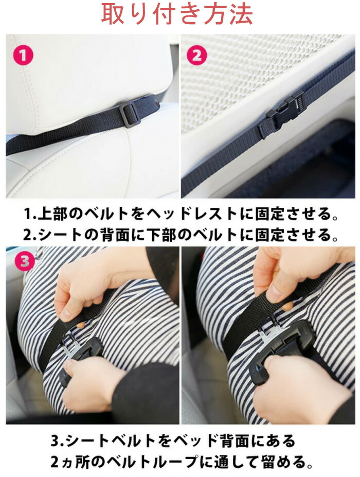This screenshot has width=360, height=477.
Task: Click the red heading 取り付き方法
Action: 177,14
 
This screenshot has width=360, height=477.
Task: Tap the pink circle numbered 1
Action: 23,56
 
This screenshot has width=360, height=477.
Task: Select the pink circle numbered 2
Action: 197,56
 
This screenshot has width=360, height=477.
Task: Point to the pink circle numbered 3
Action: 24,261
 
